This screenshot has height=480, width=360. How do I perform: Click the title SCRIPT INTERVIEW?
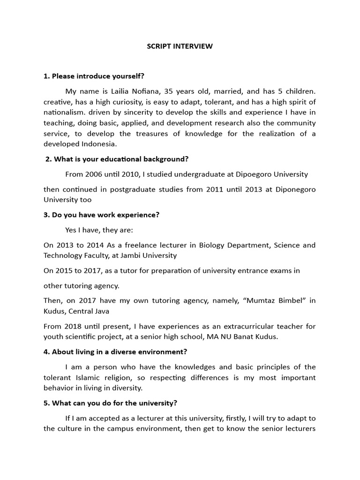click(x=180, y=46)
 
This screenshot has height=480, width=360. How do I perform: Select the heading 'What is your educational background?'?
click(x=117, y=159)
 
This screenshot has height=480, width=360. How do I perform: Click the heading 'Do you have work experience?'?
click(x=101, y=215)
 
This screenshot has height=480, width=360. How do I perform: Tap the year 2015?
click(x=66, y=270)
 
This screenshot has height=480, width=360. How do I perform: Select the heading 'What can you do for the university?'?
click(x=110, y=403)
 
